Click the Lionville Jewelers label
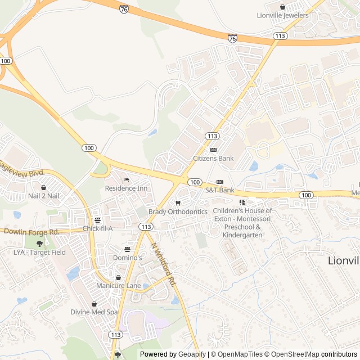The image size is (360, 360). pyautogui.click(x=282, y=15)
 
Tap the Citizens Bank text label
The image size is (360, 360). pyautogui.click(x=213, y=159)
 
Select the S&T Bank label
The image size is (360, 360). pyautogui.click(x=219, y=190)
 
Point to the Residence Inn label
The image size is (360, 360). pyautogui.click(x=126, y=188)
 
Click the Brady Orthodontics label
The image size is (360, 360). pyautogui.click(x=178, y=211)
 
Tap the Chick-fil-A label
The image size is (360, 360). pyautogui.click(x=98, y=228)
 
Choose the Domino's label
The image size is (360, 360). pyautogui.click(x=127, y=258)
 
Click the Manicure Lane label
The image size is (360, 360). pyautogui.click(x=118, y=286)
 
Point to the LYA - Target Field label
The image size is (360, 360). pyautogui.click(x=39, y=253)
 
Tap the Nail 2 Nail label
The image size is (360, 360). pyautogui.click(x=43, y=196)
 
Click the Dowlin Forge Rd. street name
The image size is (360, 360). pyautogui.click(x=31, y=232)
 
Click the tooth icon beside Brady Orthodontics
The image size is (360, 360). pyautogui.click(x=178, y=203)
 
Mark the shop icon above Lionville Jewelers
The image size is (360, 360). pyautogui.click(x=282, y=7)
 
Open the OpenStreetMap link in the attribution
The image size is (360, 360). pyautogui.click(x=294, y=354)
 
